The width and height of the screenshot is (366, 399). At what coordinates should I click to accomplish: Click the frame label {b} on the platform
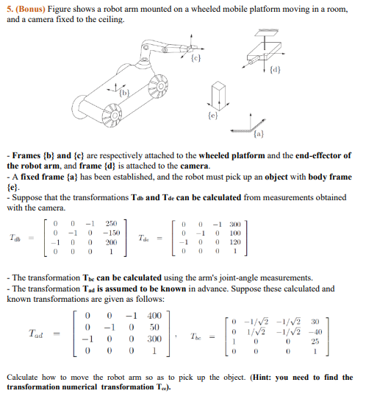124,93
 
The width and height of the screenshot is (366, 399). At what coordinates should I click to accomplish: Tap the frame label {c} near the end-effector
195,58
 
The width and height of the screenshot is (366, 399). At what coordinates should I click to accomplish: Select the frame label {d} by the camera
276,69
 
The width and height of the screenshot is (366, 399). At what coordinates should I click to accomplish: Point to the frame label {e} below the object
213,116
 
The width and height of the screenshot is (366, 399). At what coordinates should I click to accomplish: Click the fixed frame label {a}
259,133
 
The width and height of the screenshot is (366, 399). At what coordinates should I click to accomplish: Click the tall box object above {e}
219,96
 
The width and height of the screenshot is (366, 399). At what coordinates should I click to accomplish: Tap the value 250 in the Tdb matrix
111,224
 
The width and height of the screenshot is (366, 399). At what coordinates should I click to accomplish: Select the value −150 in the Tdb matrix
111,233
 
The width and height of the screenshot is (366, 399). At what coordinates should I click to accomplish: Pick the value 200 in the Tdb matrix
111,242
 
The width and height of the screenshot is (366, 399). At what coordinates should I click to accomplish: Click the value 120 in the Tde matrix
235,242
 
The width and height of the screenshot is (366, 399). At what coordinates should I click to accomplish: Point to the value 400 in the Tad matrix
154,316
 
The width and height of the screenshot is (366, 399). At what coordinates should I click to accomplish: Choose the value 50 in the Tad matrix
154,328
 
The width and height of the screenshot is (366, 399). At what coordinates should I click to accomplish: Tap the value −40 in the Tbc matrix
315,332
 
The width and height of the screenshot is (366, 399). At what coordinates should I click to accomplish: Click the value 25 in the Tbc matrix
315,342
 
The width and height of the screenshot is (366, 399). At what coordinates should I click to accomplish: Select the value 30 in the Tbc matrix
315,322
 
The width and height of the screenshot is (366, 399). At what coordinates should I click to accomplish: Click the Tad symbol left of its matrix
36,333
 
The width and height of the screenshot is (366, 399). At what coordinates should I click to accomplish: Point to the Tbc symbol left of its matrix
195,336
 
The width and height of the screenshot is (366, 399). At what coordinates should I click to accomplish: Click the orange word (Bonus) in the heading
30,9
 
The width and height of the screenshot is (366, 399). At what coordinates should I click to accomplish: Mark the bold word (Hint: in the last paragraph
262,377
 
